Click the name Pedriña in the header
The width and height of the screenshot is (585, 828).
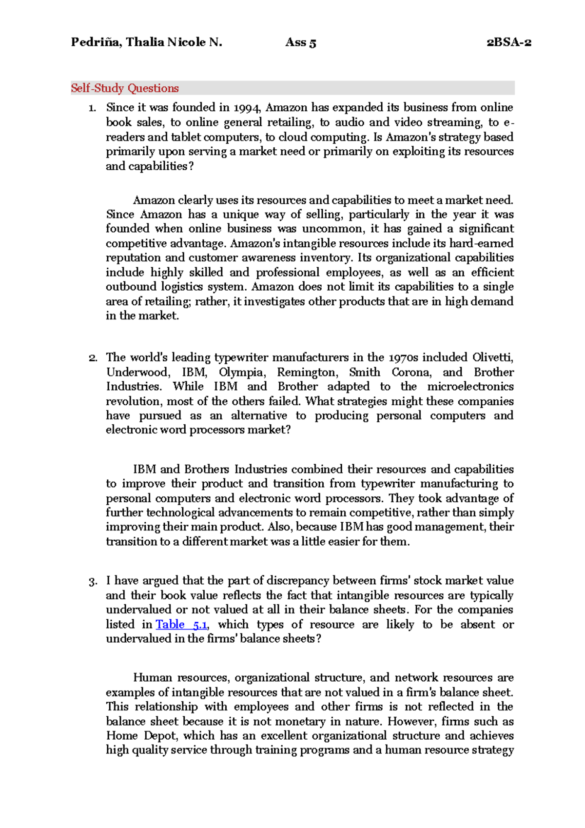pos(96,42)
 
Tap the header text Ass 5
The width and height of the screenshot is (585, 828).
pos(301,42)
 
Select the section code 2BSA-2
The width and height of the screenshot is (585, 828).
pos(508,42)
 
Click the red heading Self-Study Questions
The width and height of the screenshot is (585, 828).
pos(125,88)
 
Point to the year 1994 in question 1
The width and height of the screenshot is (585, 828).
pos(247,108)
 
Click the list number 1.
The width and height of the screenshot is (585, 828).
pos(92,108)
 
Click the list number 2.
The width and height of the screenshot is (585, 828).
pos(93,358)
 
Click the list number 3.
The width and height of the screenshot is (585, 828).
pos(93,581)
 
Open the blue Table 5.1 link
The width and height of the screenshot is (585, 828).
pos(181,624)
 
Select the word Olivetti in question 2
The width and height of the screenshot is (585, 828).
pos(492,357)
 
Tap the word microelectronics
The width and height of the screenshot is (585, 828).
pos(470,386)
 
